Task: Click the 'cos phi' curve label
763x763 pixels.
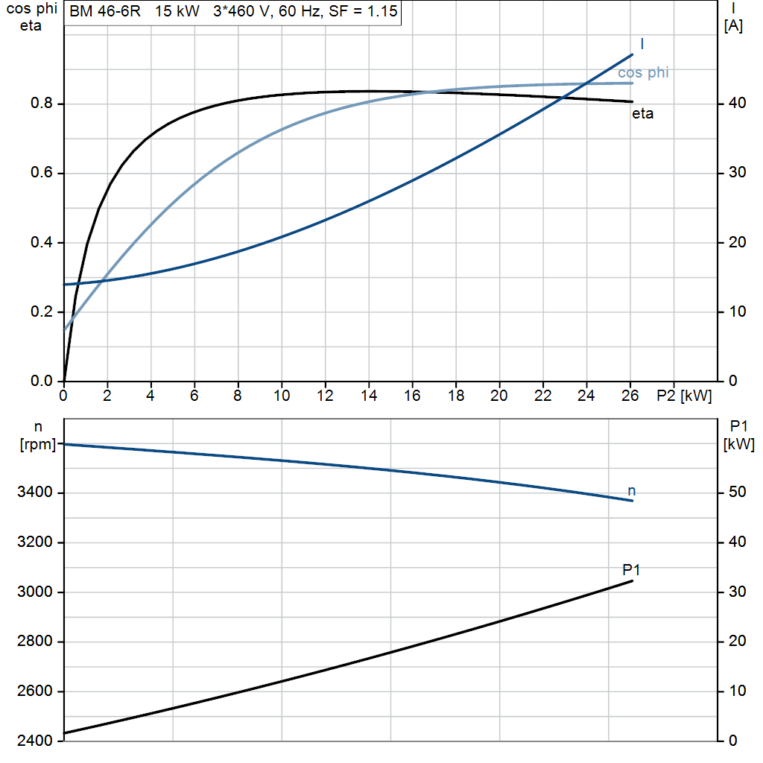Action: coord(643,73)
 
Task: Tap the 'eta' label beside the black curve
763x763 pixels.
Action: coord(642,114)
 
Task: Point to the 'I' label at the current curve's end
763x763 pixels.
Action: coord(642,44)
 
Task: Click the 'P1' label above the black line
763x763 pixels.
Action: coord(631,569)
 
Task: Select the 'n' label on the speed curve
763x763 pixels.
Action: coord(632,491)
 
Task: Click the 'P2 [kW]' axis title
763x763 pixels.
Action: coord(684,396)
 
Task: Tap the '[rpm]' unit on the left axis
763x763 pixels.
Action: coord(38,444)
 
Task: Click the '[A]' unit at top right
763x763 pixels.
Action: coord(733,26)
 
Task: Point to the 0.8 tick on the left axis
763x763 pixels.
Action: coord(42,103)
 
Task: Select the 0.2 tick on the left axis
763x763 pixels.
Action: coord(42,311)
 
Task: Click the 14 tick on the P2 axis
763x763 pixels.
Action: coord(369,396)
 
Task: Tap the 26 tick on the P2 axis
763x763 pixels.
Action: coord(630,396)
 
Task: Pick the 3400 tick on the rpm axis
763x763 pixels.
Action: coord(34,492)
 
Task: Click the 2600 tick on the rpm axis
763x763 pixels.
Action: coord(34,691)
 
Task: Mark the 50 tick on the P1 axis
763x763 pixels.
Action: coord(737,492)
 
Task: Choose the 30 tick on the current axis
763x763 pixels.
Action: coord(737,172)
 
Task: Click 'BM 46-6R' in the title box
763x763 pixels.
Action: coord(105,11)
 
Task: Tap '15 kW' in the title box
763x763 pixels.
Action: coord(177,11)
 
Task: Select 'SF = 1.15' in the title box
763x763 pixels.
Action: coord(363,11)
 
